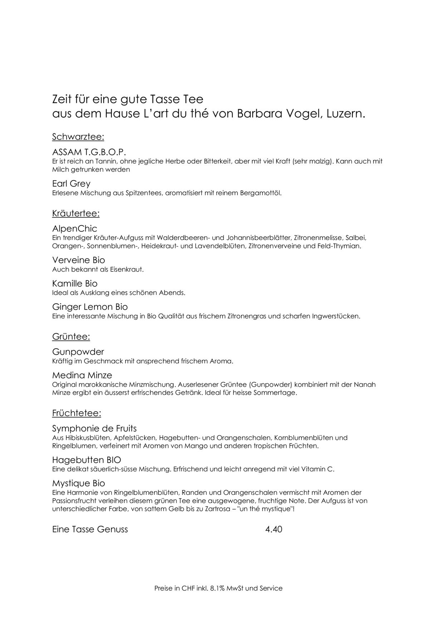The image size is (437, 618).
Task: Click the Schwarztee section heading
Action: click(78, 137)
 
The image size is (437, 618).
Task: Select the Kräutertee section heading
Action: click(76, 214)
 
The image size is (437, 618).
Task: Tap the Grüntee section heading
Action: click(71, 337)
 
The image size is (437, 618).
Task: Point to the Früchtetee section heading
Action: click(77, 413)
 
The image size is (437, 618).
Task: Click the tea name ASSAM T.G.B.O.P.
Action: click(89, 152)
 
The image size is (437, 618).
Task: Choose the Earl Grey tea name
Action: click(71, 183)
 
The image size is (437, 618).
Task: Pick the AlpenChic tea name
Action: click(74, 229)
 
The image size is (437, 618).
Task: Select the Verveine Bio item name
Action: click(78, 260)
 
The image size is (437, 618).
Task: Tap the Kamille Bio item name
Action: click(75, 284)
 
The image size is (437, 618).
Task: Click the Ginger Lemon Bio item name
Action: click(90, 307)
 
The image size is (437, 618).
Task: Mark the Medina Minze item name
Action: click(82, 375)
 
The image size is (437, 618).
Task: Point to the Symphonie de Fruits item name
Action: click(94, 428)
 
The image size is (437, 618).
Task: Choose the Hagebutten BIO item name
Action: click(87, 460)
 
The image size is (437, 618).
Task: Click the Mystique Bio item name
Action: click(78, 483)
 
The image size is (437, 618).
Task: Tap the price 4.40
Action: click(274, 529)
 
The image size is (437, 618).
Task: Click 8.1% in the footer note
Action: click(220, 588)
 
